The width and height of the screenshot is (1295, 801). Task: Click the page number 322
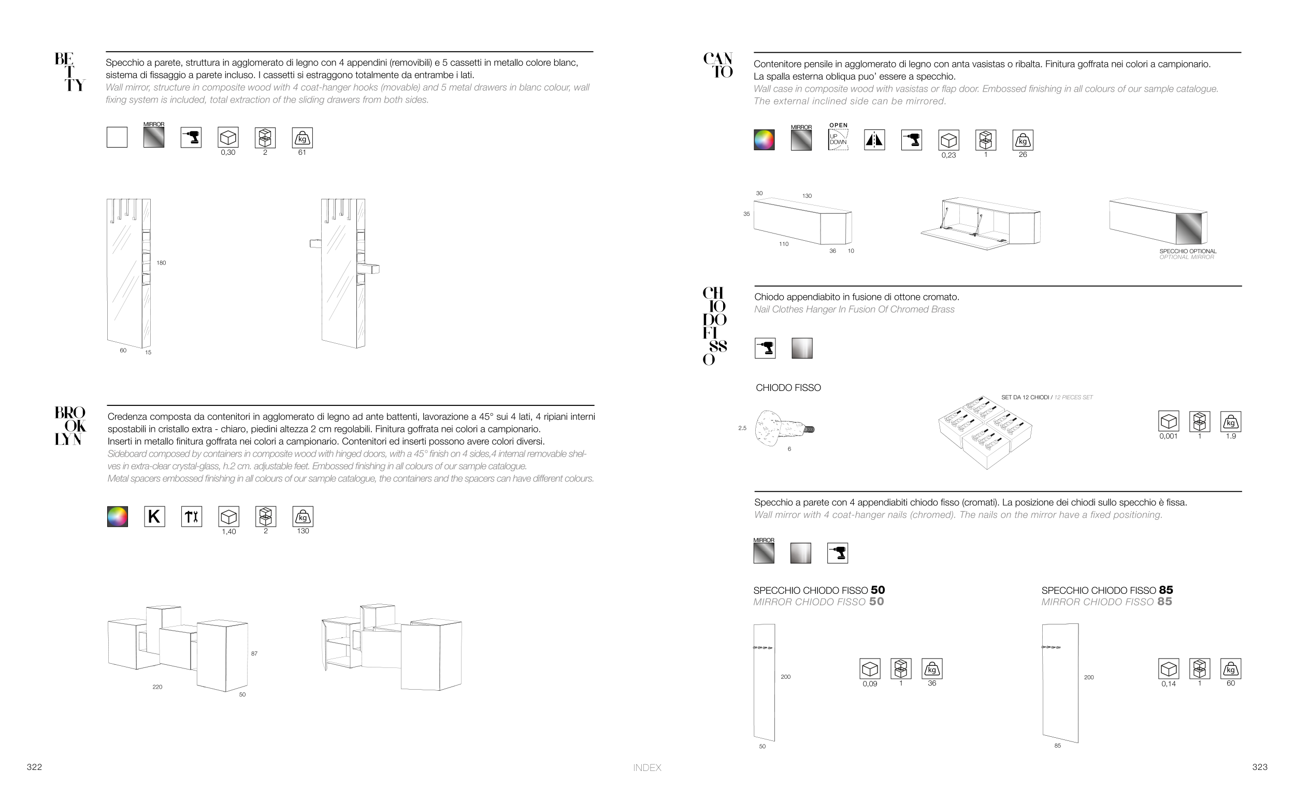click(x=34, y=767)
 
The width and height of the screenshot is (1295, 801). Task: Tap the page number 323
click(x=1259, y=767)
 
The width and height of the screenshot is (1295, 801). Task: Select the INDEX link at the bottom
click(x=647, y=768)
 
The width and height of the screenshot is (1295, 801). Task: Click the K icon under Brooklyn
click(x=154, y=517)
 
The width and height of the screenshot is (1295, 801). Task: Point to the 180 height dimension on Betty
click(x=161, y=263)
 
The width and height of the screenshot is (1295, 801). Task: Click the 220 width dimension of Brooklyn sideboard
click(x=157, y=687)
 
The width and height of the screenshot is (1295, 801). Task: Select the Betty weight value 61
click(x=302, y=153)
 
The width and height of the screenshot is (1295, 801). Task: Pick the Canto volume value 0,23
click(x=948, y=155)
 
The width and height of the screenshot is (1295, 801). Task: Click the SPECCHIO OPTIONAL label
click(x=1187, y=251)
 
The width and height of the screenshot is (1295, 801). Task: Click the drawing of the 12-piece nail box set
click(x=985, y=433)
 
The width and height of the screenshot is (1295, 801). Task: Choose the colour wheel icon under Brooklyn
click(x=117, y=517)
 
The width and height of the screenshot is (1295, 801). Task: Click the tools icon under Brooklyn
click(x=191, y=517)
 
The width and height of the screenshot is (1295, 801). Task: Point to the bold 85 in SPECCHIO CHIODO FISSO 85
click(x=1165, y=590)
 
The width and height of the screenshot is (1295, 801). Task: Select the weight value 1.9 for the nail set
click(x=1230, y=436)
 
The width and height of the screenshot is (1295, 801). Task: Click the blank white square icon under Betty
click(x=117, y=137)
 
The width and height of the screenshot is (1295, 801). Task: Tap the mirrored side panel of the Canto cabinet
click(x=1190, y=228)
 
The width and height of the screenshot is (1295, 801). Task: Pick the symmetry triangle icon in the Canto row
click(x=874, y=140)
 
